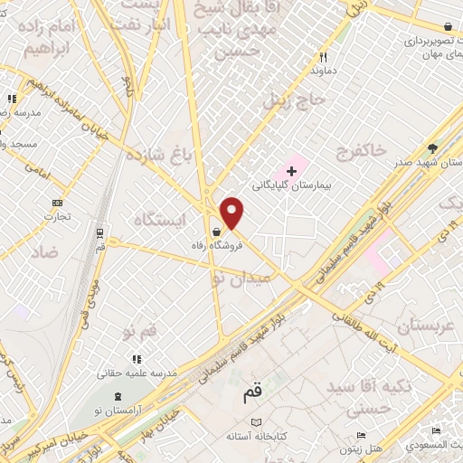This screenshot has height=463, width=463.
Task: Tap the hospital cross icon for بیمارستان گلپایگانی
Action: click(x=291, y=171)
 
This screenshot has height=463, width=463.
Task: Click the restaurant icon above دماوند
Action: click(x=324, y=56)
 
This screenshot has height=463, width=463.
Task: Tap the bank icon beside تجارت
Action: click(x=58, y=203)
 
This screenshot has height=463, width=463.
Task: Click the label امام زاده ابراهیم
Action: click(x=61, y=40)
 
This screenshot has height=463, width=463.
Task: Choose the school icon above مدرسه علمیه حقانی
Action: click(x=137, y=360)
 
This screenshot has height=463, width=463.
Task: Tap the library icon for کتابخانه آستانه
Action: click(x=257, y=422)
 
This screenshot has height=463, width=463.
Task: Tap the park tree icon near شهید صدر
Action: click(x=433, y=148)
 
